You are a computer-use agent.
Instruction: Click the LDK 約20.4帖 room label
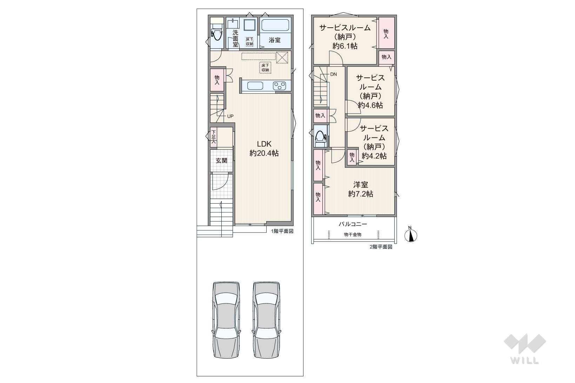click(264, 149)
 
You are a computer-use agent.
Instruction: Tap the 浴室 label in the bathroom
click(275, 40)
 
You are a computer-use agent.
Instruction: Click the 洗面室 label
click(235, 39)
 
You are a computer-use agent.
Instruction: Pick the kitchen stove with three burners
click(280, 86)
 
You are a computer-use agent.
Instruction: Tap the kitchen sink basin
click(255, 86)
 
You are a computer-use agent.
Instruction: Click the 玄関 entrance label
click(221, 161)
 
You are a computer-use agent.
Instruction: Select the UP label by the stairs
click(230, 116)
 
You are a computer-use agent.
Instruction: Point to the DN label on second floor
click(333, 74)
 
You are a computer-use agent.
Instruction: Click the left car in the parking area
click(226, 320)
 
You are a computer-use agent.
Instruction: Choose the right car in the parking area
click(266, 320)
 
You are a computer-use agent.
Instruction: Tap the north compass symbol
click(411, 234)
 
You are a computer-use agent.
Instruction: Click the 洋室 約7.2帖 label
click(361, 189)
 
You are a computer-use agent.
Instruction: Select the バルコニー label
click(353, 224)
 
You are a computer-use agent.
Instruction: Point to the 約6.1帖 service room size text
click(345, 46)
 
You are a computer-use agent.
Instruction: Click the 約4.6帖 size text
click(370, 105)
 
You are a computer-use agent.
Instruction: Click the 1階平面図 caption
click(282, 231)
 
